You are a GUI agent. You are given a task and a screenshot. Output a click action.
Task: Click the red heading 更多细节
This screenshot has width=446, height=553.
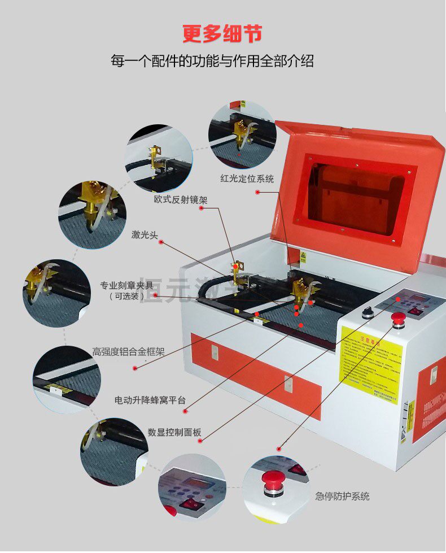(x=222, y=34)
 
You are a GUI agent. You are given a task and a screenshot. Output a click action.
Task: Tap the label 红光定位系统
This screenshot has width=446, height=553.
(x=247, y=179)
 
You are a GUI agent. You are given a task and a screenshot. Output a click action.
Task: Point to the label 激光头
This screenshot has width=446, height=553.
(x=145, y=234)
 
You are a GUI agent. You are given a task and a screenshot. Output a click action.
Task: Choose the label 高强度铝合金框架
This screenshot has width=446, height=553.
(x=129, y=351)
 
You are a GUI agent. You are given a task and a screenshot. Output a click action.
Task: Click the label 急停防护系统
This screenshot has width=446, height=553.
(x=342, y=497)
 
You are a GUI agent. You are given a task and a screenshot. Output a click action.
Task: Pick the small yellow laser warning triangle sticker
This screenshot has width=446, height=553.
(x=303, y=256)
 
